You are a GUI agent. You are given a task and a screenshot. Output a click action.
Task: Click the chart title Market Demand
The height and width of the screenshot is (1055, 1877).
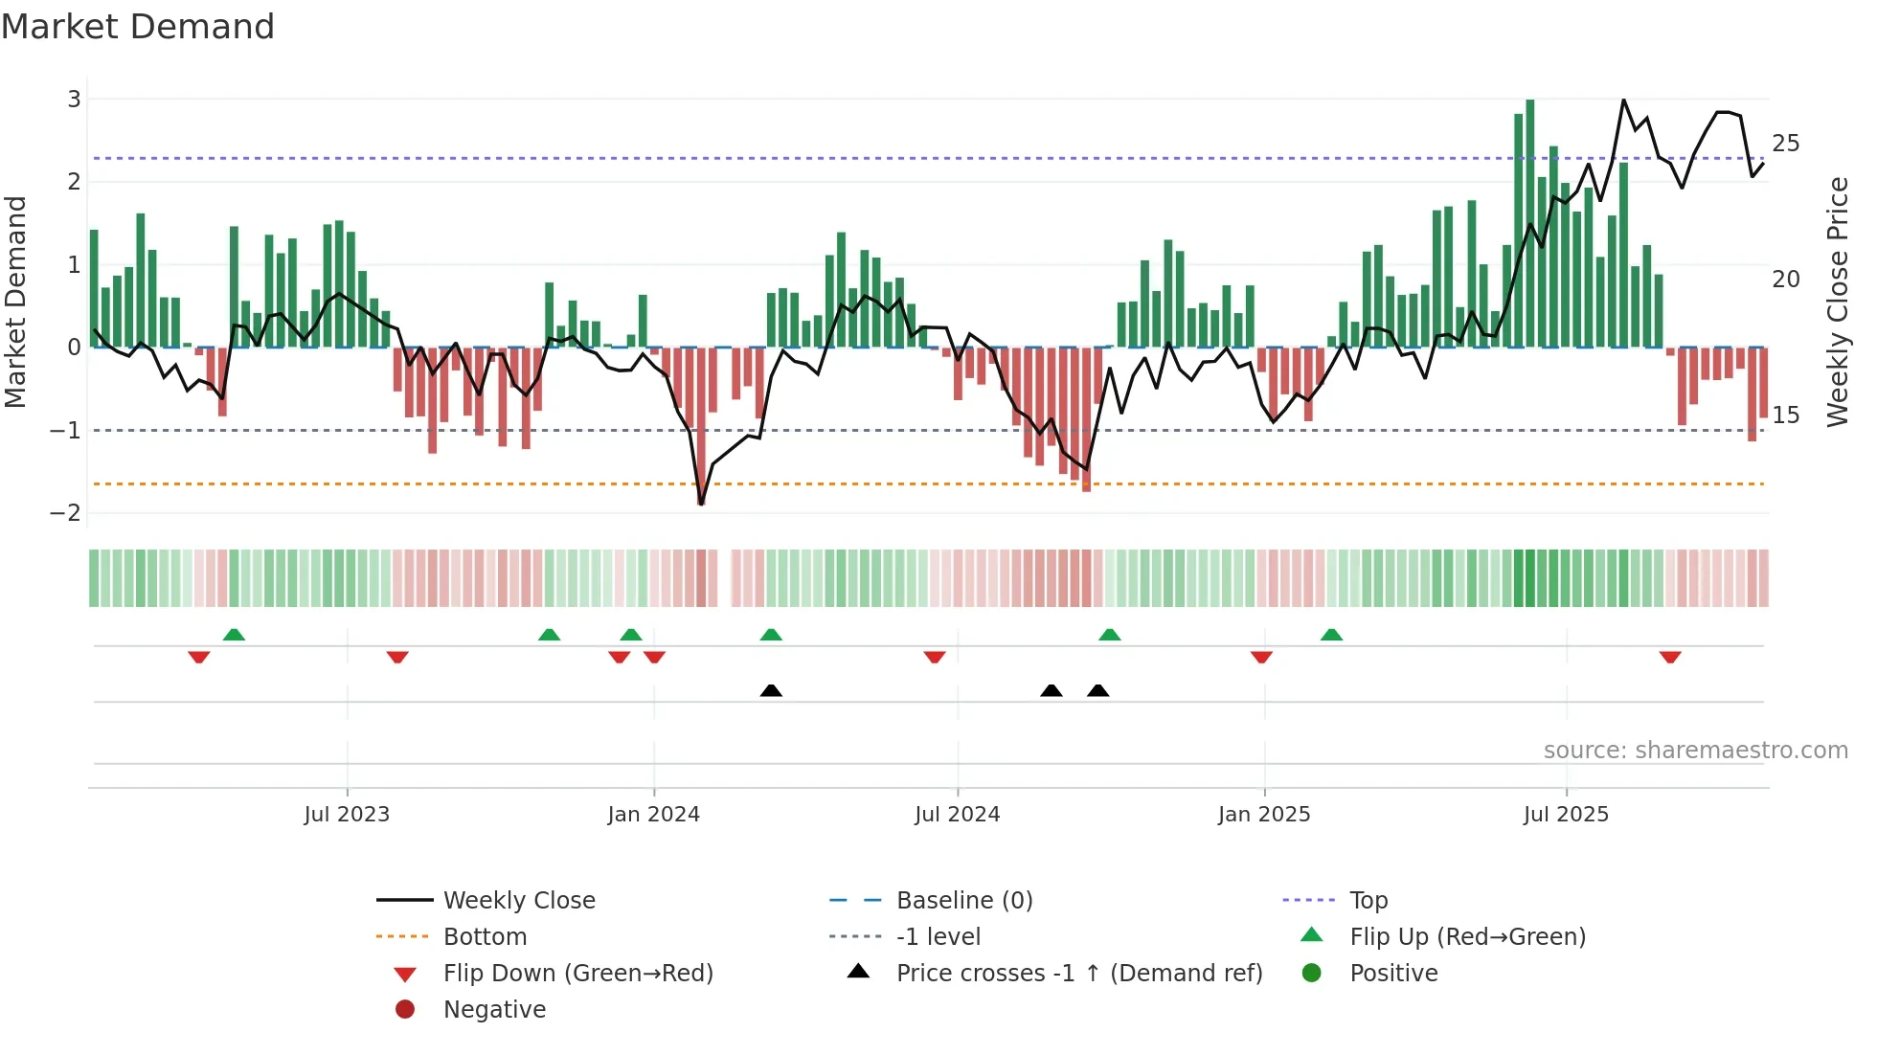[x=138, y=27]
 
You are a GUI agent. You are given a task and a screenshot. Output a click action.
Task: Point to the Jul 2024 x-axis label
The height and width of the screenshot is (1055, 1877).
[x=957, y=814]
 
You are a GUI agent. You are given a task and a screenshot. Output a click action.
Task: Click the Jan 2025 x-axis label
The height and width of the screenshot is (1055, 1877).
[x=1263, y=814]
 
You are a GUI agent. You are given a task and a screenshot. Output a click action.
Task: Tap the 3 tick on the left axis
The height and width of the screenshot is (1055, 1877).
[x=74, y=99]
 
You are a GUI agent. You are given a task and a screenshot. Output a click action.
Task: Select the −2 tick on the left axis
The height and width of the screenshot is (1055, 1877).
[x=66, y=512]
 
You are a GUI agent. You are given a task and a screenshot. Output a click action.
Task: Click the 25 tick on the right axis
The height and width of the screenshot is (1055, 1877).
[x=1785, y=143]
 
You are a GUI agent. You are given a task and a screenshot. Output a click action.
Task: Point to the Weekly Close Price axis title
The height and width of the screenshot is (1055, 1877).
[x=1837, y=302]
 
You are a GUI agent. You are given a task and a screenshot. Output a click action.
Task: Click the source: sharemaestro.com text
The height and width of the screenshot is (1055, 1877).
[x=1695, y=750]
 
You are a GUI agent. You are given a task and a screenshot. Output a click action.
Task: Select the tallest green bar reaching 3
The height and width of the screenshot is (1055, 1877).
[x=1529, y=220]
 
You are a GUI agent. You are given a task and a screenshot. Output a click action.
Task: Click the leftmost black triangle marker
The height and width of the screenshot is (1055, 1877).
[x=771, y=690]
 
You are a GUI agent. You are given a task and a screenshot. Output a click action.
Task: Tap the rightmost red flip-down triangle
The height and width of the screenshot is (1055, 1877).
[x=1670, y=657]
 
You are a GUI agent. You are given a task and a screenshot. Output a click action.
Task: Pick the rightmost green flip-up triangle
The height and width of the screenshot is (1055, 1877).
[x=1331, y=635]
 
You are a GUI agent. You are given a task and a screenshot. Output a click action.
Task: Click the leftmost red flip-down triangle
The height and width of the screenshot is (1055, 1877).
[x=199, y=657]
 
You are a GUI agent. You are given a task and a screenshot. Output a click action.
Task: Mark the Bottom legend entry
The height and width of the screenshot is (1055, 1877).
[x=485, y=936]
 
